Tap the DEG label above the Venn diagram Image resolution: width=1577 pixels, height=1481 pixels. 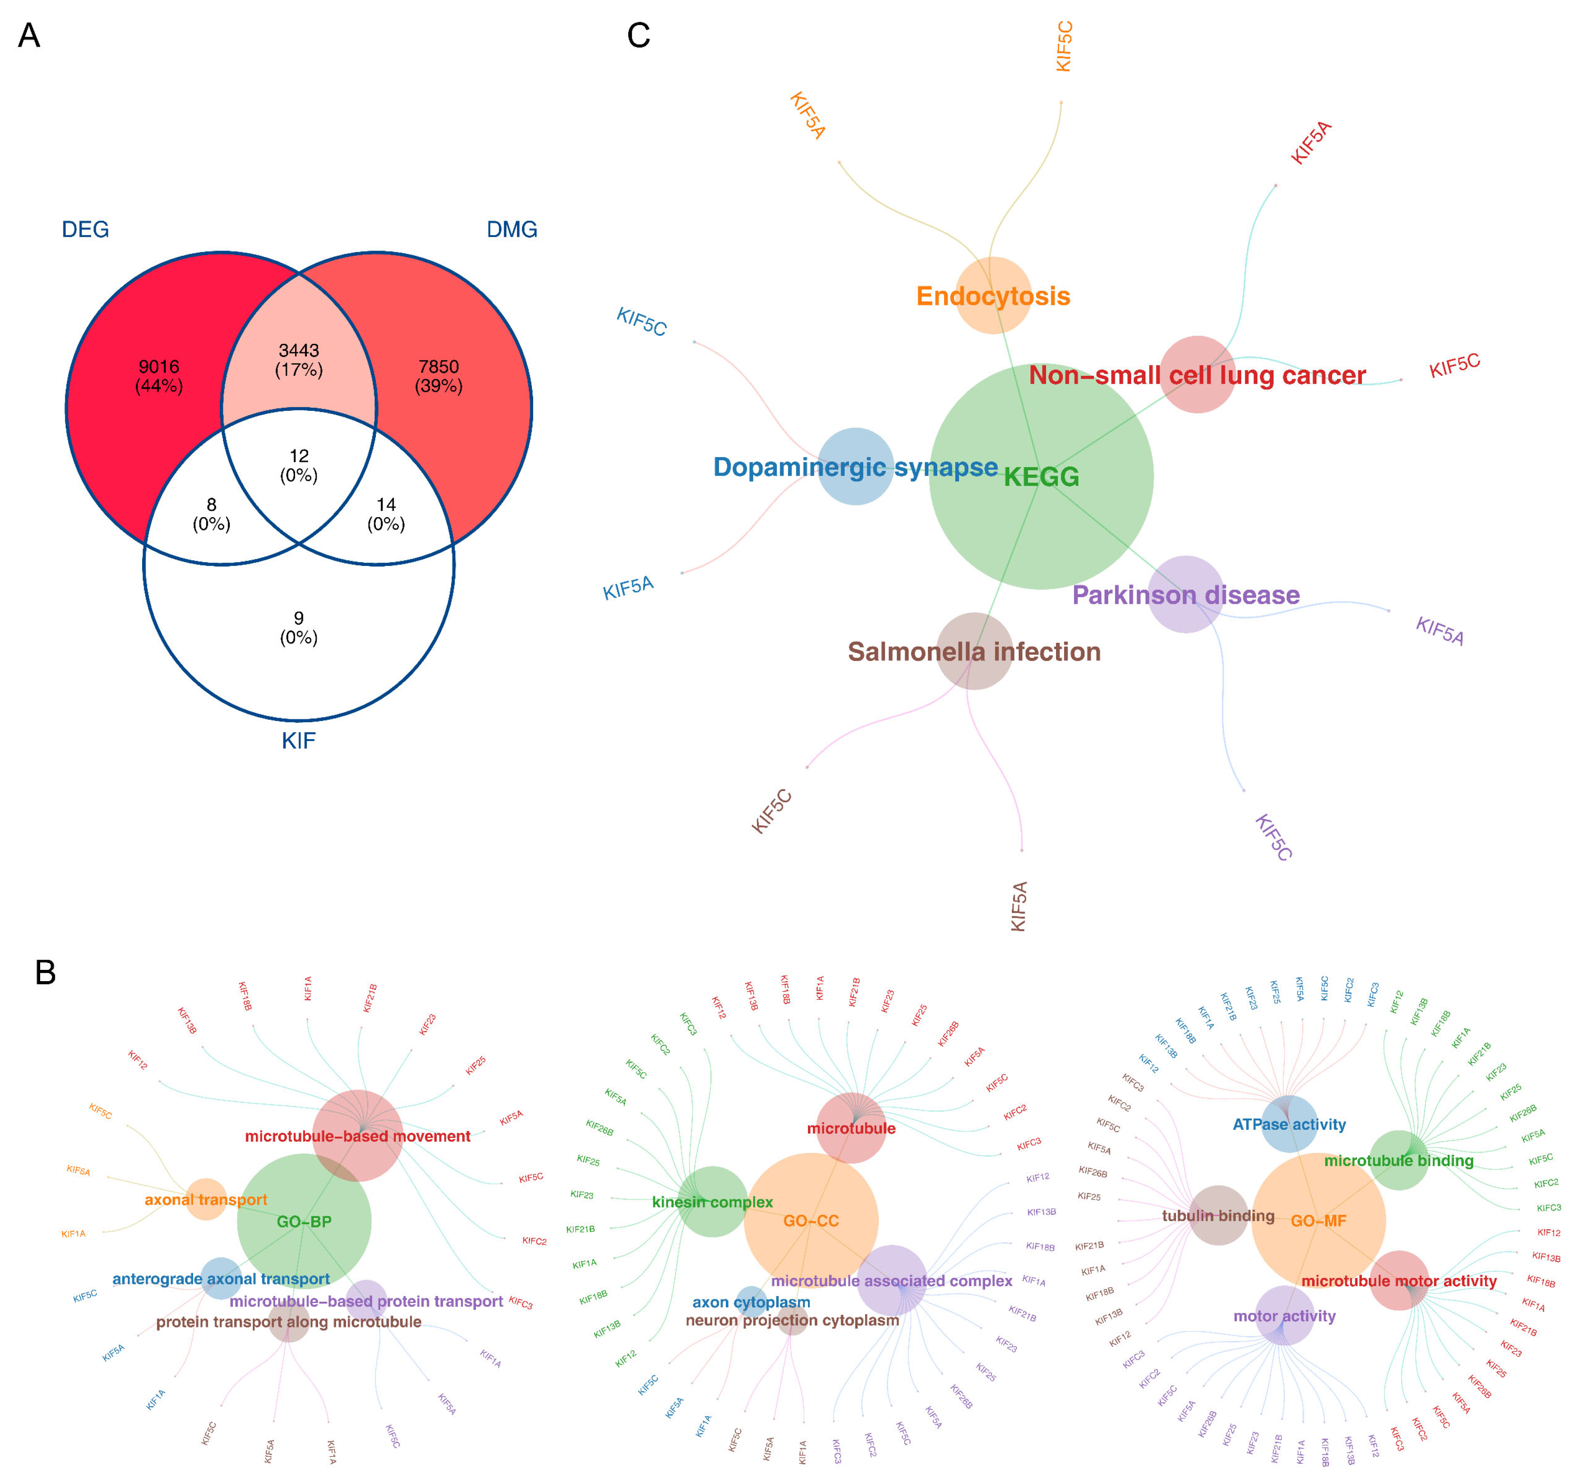[x=85, y=229]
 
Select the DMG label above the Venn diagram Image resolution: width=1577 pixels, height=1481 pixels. [x=512, y=229]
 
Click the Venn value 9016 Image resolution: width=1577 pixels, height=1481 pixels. [x=159, y=366]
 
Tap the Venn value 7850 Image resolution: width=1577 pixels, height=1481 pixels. [x=439, y=366]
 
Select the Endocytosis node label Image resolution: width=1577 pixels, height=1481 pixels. [x=993, y=296]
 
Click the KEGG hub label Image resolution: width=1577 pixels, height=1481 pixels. [x=1042, y=477]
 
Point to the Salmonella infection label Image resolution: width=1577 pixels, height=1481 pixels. [x=974, y=652]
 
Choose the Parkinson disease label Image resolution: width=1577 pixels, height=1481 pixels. [x=1186, y=595]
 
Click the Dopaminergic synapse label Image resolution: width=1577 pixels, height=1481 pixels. [x=855, y=467]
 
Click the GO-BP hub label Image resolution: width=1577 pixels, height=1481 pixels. [x=304, y=1222]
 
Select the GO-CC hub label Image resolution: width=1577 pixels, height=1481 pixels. [x=811, y=1221]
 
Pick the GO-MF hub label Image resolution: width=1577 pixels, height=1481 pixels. [x=1318, y=1221]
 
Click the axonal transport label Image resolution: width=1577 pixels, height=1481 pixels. [x=206, y=1199]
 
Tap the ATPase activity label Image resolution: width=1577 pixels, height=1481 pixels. [x=1289, y=1124]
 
